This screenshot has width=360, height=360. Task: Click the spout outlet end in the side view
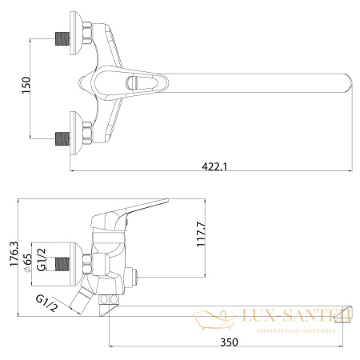(346, 314)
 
